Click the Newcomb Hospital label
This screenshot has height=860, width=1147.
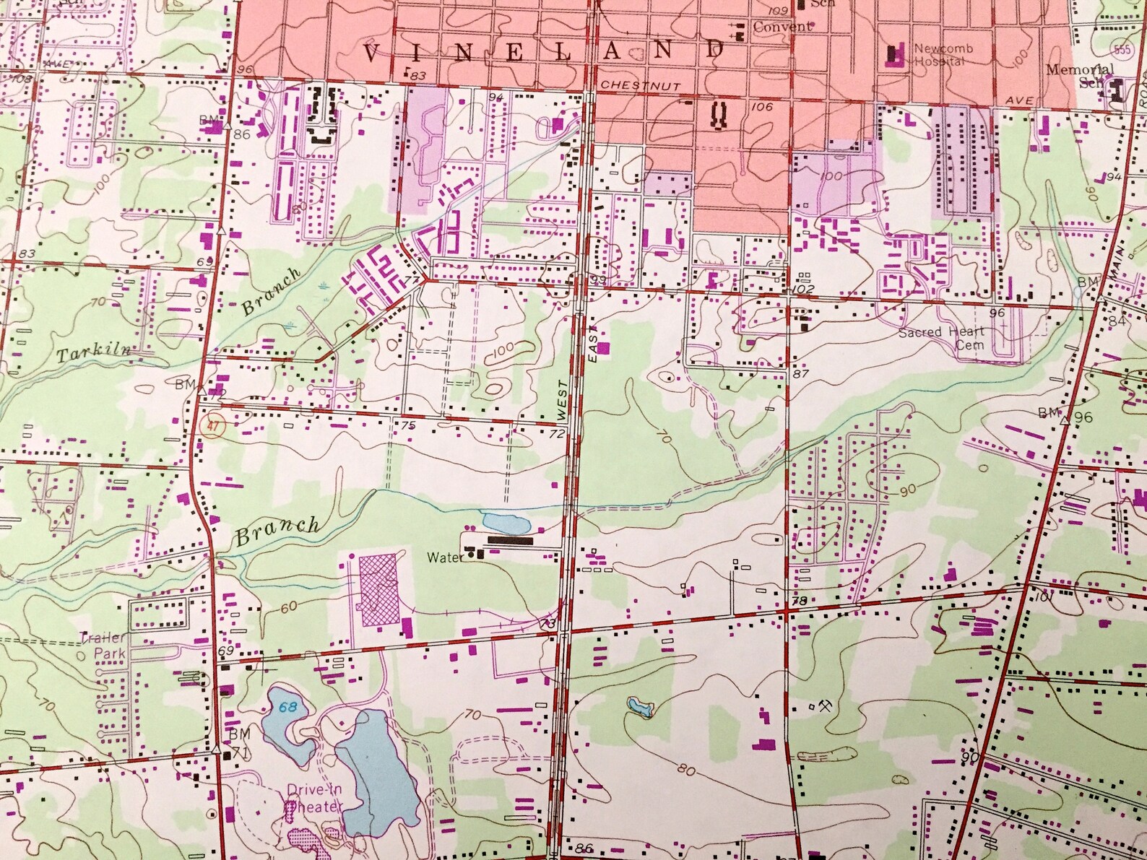(x=942, y=55)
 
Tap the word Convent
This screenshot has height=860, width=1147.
(x=782, y=27)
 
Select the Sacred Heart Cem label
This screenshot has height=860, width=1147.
(x=942, y=338)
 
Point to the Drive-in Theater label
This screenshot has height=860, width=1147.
(x=315, y=798)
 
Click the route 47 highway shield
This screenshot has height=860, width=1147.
(x=212, y=426)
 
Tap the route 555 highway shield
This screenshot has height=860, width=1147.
(x=1121, y=49)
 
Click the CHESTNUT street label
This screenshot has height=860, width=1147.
(x=640, y=85)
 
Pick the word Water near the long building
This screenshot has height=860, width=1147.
(x=445, y=557)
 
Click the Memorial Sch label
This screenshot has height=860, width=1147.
(x=1079, y=76)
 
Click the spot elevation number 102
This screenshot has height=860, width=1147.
(x=803, y=289)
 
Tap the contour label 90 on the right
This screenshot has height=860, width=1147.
(x=907, y=490)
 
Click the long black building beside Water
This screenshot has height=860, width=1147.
(x=510, y=540)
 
